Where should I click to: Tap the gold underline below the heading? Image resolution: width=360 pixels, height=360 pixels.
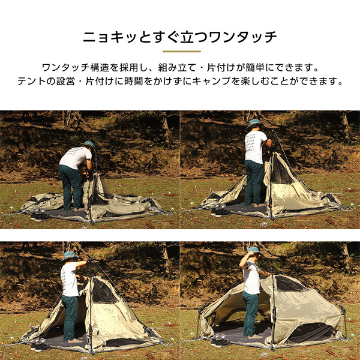pyautogui.click(x=179, y=52)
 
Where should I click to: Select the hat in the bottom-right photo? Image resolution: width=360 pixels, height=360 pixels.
pyautogui.click(x=253, y=250)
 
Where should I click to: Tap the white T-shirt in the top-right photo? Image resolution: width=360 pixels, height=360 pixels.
pyautogui.click(x=254, y=146)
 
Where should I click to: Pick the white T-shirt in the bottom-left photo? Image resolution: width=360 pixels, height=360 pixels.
pyautogui.click(x=69, y=279)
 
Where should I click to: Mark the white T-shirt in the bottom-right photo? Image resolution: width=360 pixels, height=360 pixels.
pyautogui.click(x=251, y=280)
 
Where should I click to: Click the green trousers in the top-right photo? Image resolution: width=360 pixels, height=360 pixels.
pyautogui.click(x=253, y=182)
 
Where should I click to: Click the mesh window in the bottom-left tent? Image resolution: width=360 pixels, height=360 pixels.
pyautogui.click(x=103, y=292)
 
